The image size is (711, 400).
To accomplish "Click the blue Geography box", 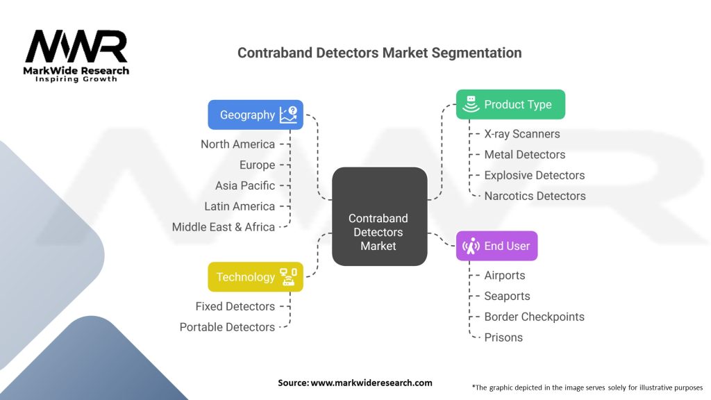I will [255, 115].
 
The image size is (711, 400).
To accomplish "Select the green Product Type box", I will [510, 105].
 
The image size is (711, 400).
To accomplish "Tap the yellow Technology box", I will [255, 277].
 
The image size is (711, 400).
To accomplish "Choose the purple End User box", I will [496, 246].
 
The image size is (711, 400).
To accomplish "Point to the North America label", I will [237, 144].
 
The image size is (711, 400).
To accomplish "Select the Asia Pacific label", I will [245, 185].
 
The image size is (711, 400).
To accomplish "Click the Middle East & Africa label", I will [224, 227].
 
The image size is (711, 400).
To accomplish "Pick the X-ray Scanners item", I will [522, 134].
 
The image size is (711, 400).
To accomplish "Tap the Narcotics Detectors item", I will [535, 196].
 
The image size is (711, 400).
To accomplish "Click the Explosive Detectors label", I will [535, 175].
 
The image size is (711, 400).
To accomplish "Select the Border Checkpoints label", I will [534, 317].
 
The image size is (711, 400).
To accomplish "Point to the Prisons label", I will [503, 337].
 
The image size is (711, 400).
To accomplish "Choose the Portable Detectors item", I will [227, 327].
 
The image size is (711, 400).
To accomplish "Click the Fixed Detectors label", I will [235, 306].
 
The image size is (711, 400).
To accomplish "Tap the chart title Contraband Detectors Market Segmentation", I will [379, 53].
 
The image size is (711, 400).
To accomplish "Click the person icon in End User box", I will [471, 246].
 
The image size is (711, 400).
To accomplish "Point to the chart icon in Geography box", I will [288, 115].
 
